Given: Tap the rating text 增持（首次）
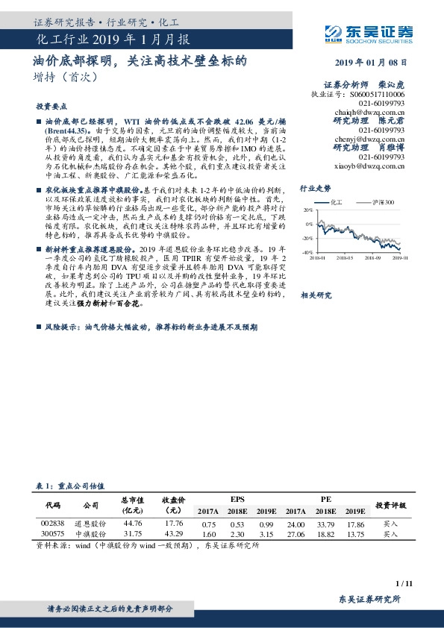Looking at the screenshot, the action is point(65,76).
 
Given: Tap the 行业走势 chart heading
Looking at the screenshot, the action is point(314,189).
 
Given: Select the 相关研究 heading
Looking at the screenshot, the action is point(316,296).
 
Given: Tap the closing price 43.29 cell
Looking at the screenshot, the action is point(173,534).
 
